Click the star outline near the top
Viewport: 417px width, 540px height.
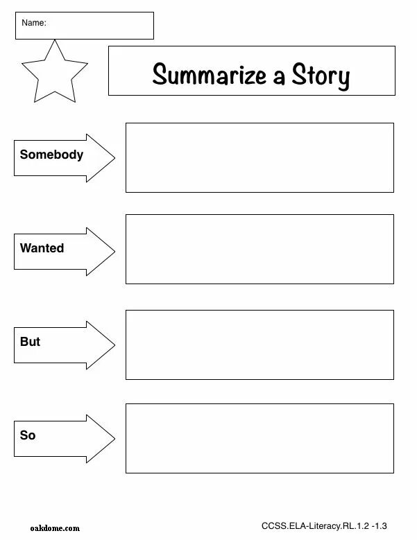coord(54,72)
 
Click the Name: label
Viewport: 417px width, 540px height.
coord(33,23)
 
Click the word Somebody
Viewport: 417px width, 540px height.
coord(51,155)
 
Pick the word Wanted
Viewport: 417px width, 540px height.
coord(42,248)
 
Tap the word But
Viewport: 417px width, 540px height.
coord(30,342)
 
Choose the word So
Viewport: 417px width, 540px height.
coord(28,435)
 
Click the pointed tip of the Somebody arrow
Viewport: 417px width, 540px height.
coord(114,158)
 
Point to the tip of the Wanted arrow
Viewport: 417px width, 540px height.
coord(114,252)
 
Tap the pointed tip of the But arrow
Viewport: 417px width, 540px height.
coord(114,345)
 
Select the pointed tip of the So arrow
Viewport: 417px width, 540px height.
coord(114,439)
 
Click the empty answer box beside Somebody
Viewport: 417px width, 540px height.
coord(259,157)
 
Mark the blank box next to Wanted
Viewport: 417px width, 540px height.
coord(259,249)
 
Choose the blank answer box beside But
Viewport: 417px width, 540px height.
coord(259,345)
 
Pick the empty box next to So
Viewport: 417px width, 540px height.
coord(259,438)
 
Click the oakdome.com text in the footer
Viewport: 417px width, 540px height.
coord(55,528)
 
